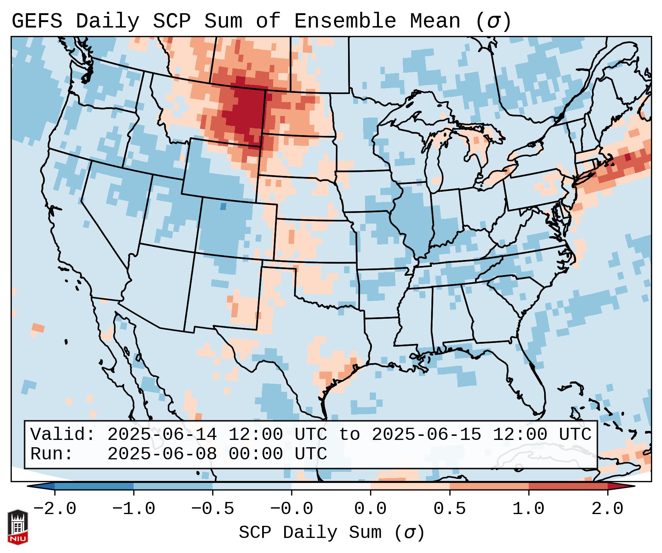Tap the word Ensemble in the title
click(345, 21)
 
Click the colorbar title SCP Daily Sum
click(310, 533)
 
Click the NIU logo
click(18, 527)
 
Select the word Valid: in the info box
click(63, 435)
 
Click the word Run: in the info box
click(52, 454)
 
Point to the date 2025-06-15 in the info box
click(426, 435)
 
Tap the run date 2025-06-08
click(162, 454)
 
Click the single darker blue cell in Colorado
click(223, 207)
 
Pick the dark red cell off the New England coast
click(627, 157)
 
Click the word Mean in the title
click(435, 21)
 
